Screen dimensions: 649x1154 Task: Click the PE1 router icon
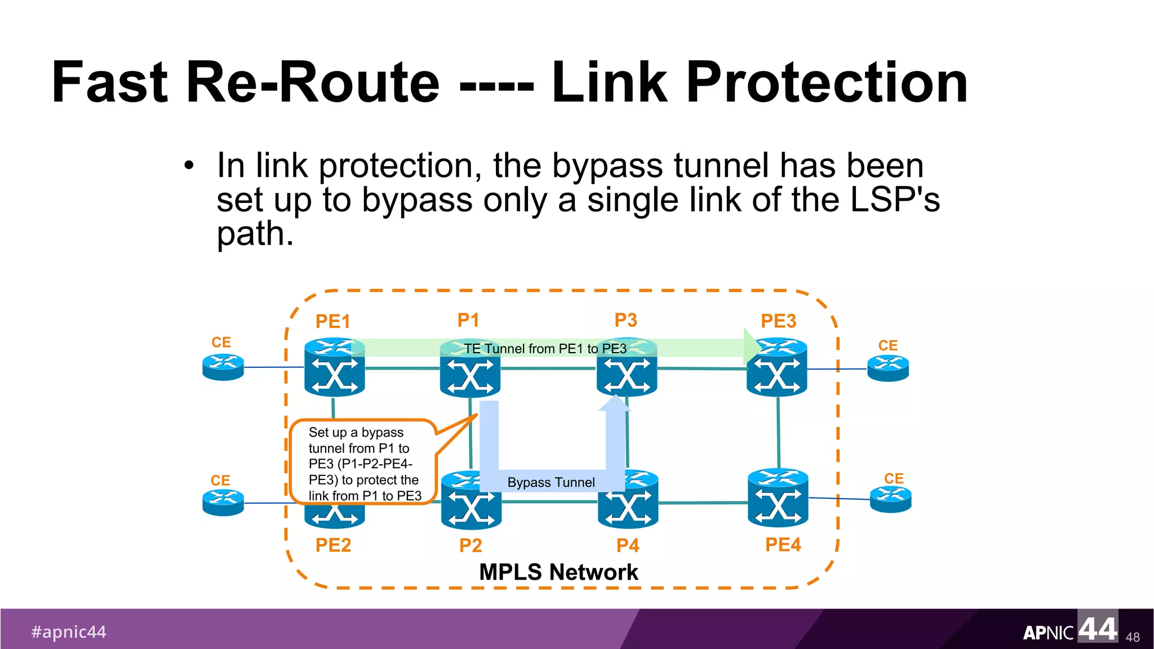coord(334,367)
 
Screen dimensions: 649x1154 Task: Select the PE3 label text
coord(778,321)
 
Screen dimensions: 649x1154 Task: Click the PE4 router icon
coord(778,498)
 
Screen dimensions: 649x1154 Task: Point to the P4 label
coord(628,545)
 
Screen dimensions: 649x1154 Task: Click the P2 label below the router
coord(471,545)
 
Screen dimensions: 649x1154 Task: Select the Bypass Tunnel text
coord(551,482)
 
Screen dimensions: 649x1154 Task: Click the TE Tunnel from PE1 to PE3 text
coord(545,349)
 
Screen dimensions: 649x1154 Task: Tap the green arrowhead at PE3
coord(752,346)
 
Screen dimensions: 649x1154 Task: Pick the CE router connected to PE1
coord(223,367)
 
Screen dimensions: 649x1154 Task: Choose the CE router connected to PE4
coord(890,499)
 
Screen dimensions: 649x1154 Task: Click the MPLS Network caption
coord(558,572)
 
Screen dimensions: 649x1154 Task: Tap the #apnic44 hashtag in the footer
coord(69,632)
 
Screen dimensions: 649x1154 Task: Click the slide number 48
coord(1132,637)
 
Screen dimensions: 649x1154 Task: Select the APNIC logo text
coord(1048,633)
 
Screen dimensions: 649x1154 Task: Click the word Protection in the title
coord(827,83)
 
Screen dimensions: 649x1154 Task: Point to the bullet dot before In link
coord(189,166)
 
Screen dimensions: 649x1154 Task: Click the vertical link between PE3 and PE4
coord(779,432)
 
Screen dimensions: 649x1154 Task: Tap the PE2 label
coord(333,545)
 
